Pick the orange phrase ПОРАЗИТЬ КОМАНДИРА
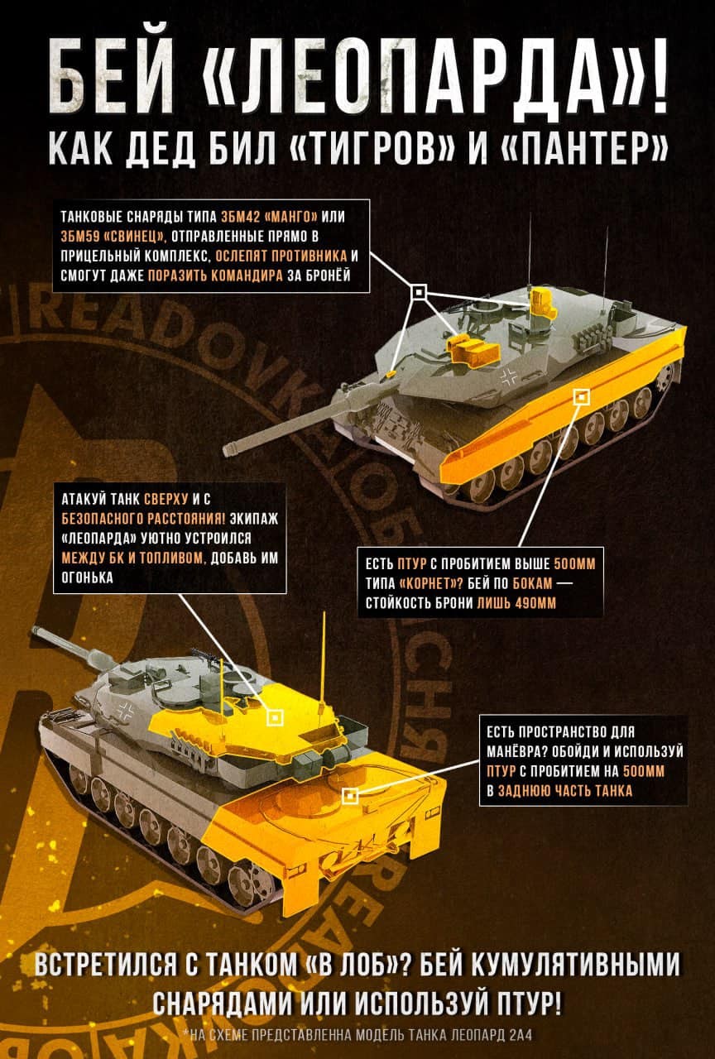click(x=215, y=276)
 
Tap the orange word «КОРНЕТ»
click(x=431, y=584)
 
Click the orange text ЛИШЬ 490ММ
click(x=516, y=603)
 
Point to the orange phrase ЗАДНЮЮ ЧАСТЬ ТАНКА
click(x=565, y=791)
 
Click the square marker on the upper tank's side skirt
click(x=581, y=396)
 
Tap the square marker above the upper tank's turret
click(x=419, y=292)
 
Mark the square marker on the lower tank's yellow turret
click(x=274, y=717)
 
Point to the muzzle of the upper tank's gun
click(x=229, y=448)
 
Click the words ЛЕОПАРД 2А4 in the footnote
click(x=492, y=1035)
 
